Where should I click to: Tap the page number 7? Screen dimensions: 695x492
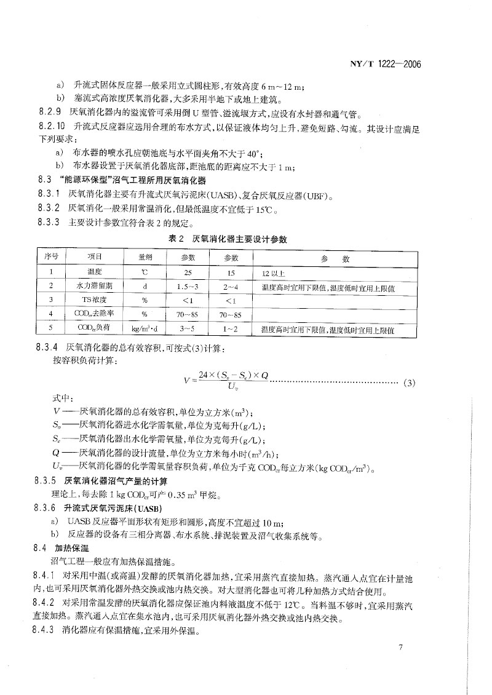coord(400,646)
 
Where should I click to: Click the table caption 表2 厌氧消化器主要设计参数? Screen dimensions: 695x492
coord(228,239)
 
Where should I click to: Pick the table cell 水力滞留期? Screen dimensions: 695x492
coord(94,286)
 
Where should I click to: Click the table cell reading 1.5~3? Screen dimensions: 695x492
coord(187,286)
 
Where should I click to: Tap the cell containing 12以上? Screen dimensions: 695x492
coord(274,272)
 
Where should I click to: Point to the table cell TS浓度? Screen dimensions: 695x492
coord(94,301)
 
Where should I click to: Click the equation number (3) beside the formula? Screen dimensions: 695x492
coord(410,384)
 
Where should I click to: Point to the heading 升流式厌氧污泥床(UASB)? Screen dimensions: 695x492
coord(112,509)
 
